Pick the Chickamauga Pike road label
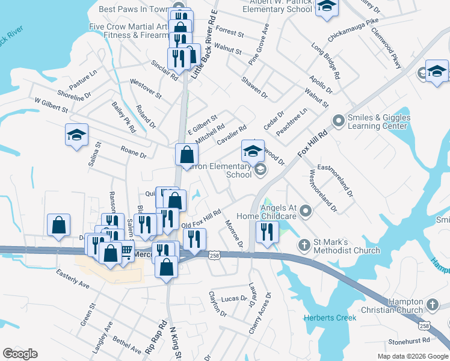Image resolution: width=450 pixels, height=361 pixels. (354, 29)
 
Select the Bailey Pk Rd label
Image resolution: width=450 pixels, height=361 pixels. (124, 117)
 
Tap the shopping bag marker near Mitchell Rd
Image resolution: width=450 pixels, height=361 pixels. (186, 155)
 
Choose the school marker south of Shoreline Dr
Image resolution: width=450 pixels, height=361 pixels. (76, 135)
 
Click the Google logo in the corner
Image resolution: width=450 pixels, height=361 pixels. (20, 354)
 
